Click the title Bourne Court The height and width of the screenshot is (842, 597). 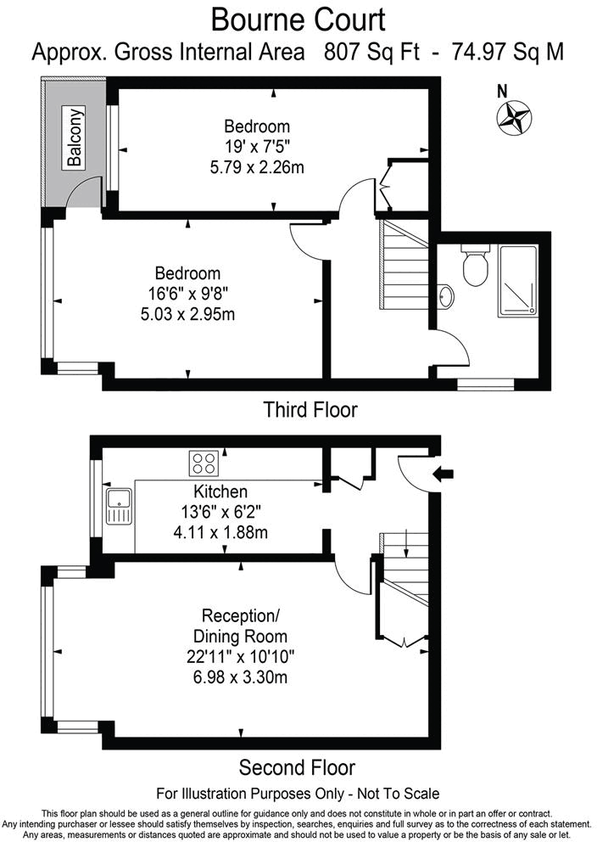tap(298, 19)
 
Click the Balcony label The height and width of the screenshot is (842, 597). tap(75, 138)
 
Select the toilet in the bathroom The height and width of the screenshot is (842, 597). tap(474, 267)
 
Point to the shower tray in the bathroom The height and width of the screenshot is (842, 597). tap(517, 280)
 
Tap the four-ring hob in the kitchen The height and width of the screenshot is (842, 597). tap(204, 463)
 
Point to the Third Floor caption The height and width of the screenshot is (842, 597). tap(310, 410)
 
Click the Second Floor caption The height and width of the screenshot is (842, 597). tap(297, 768)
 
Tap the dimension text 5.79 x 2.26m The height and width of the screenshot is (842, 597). tap(257, 167)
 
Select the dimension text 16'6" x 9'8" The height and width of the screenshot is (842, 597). tap(187, 295)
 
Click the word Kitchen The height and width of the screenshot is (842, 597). tap(220, 491)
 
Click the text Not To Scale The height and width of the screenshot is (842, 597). tap(391, 794)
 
